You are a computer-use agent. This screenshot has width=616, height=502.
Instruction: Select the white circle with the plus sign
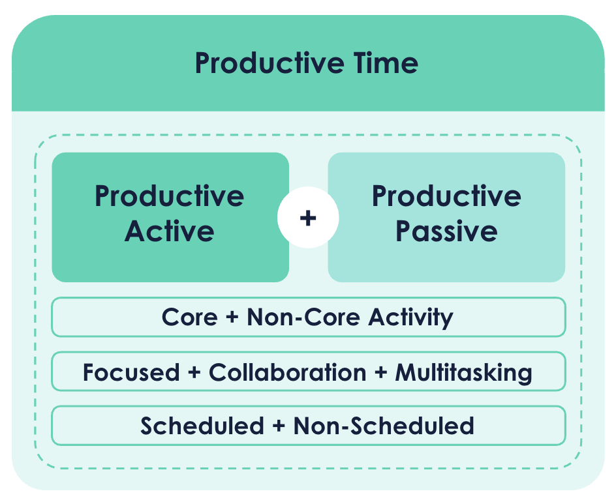308,218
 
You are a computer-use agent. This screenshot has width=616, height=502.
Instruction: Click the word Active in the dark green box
170,231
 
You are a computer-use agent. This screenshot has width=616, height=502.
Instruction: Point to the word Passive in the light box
446,231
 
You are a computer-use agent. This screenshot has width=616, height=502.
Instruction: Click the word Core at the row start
189,317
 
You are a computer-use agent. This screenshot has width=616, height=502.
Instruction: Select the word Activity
410,317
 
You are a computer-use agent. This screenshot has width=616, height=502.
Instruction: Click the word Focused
131,372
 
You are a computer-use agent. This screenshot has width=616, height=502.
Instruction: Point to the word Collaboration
287,372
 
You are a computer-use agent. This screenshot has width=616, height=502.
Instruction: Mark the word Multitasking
463,372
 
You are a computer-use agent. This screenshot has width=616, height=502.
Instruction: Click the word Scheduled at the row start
202,426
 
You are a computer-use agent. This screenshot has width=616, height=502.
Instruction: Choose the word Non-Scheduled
384,426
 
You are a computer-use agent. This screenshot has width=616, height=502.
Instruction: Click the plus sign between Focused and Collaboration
194,373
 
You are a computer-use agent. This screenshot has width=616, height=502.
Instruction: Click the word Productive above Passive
446,196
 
